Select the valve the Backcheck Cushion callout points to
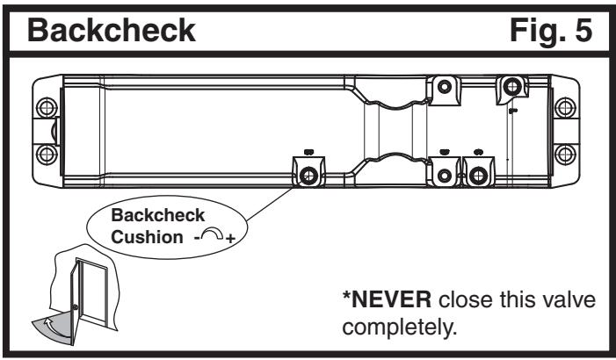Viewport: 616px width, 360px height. (x=308, y=175)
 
